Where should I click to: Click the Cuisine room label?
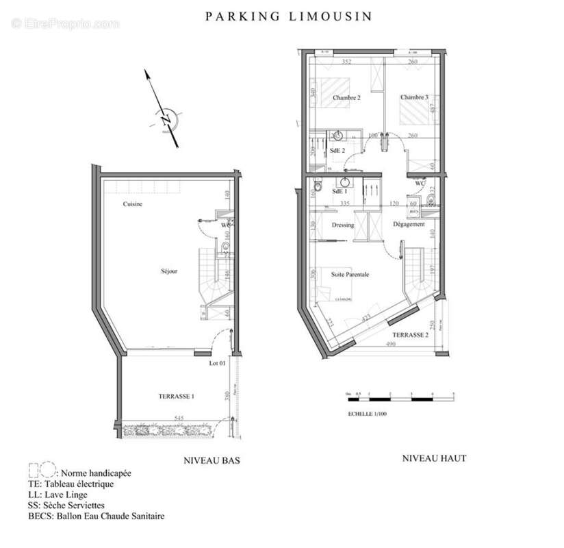tap(133, 205)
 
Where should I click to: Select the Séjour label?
tap(168, 271)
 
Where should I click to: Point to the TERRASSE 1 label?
tap(177, 397)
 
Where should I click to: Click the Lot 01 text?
tap(217, 364)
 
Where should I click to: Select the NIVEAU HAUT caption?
tap(434, 458)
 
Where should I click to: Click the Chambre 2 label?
tap(346, 98)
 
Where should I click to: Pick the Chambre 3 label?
tap(414, 98)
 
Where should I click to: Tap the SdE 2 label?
tap(337, 150)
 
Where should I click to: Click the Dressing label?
tap(343, 225)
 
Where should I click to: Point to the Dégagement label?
tap(409, 224)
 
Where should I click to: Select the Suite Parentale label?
tap(350, 274)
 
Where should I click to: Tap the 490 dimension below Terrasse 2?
tap(390, 345)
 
